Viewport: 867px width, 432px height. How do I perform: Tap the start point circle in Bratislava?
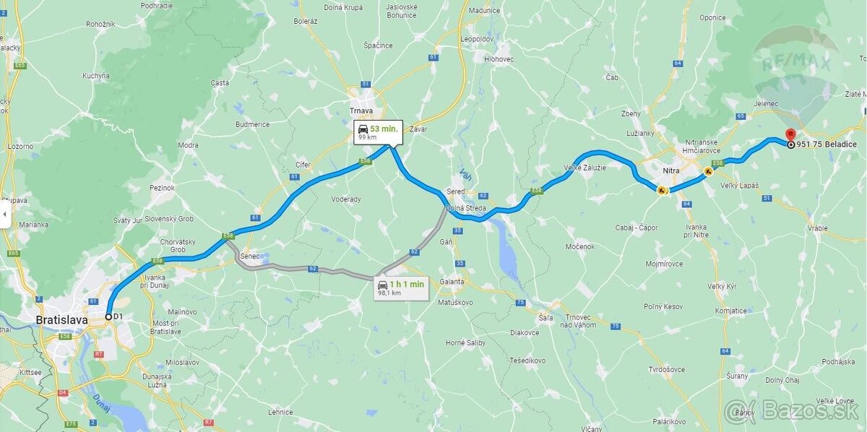108,316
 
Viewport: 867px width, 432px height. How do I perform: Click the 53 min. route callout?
378,132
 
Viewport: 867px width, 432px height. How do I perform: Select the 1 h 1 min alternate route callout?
402,288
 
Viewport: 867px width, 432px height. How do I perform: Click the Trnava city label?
361,111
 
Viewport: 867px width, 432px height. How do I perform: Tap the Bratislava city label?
61,319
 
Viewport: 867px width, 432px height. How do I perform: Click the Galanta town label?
452,281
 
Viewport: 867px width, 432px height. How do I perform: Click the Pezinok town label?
163,188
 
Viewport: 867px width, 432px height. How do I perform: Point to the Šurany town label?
736,376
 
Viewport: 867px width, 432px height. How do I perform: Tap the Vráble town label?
818,228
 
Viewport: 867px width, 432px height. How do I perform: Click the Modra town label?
188,145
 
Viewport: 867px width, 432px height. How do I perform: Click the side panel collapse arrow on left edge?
5,215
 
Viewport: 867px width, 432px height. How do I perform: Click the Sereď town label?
455,192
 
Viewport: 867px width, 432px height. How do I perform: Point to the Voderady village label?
345,199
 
